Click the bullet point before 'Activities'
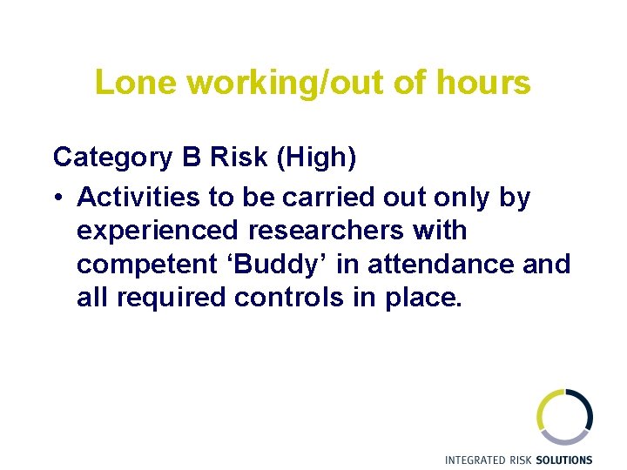click(57, 198)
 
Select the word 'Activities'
click(138, 198)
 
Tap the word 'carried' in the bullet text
click(334, 198)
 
